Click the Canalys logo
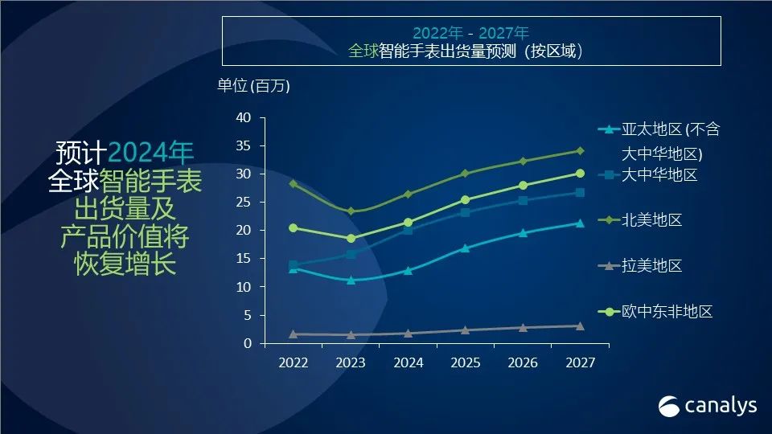(708, 406)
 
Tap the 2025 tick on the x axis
(466, 363)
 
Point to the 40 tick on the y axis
(244, 118)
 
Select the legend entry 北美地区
(651, 219)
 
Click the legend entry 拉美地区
(651, 265)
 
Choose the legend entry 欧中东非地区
(667, 311)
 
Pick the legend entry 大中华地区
(659, 174)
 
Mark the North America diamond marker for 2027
(580, 150)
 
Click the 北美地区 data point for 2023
(351, 211)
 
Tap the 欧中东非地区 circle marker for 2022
(294, 227)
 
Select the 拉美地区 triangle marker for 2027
(580, 325)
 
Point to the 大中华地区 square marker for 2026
(523, 200)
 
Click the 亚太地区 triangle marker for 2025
(466, 248)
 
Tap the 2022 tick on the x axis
(294, 363)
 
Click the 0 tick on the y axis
(248, 344)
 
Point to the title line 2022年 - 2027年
(470, 33)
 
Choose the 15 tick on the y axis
(244, 259)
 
